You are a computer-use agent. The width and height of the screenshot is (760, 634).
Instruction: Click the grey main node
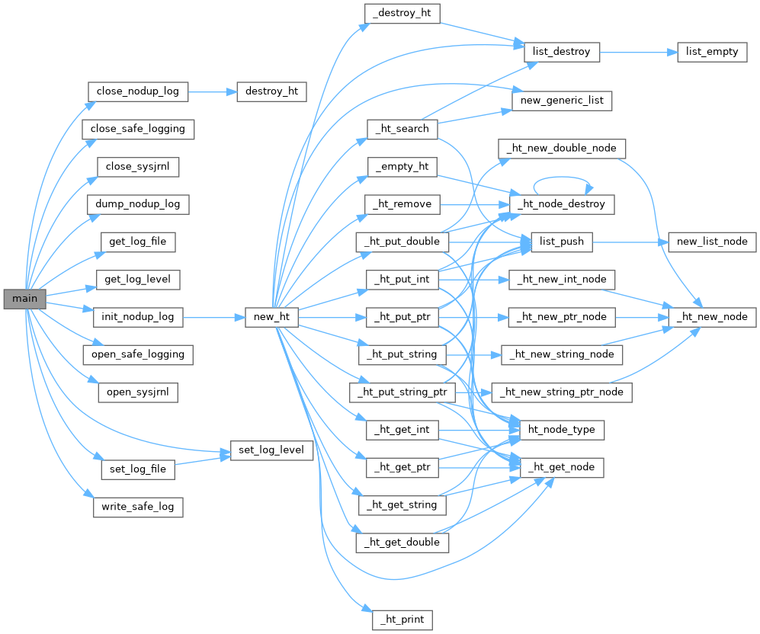coord(24,299)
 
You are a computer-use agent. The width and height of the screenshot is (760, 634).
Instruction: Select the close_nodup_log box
coord(138,91)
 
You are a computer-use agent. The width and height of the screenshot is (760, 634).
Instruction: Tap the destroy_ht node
coord(271,91)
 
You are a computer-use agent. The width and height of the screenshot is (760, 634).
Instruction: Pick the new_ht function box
coord(271,317)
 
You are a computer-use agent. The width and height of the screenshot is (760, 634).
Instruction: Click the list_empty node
coord(712,52)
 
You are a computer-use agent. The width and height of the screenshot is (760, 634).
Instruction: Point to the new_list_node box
coord(712,242)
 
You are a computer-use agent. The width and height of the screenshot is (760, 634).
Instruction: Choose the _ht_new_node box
coord(712,317)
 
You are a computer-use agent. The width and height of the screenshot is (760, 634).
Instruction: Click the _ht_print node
coord(402,619)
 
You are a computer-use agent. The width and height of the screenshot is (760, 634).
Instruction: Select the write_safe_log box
coord(138,506)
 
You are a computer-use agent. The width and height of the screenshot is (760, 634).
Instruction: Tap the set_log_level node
coord(271,450)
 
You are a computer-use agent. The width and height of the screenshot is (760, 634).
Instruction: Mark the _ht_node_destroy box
coord(562,204)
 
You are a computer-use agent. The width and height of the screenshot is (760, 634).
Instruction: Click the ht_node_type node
coord(562,430)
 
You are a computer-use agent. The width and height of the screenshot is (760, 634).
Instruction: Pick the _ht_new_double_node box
coord(562,148)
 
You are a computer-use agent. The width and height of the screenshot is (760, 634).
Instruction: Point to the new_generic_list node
coord(562,101)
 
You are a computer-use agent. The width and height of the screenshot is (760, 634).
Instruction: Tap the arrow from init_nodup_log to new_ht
coord(213,317)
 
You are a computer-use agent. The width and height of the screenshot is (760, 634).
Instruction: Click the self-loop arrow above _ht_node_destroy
coord(562,175)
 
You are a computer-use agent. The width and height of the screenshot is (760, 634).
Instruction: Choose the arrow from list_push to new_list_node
coord(630,242)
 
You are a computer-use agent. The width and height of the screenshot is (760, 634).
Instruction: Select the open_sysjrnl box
coord(138,392)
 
